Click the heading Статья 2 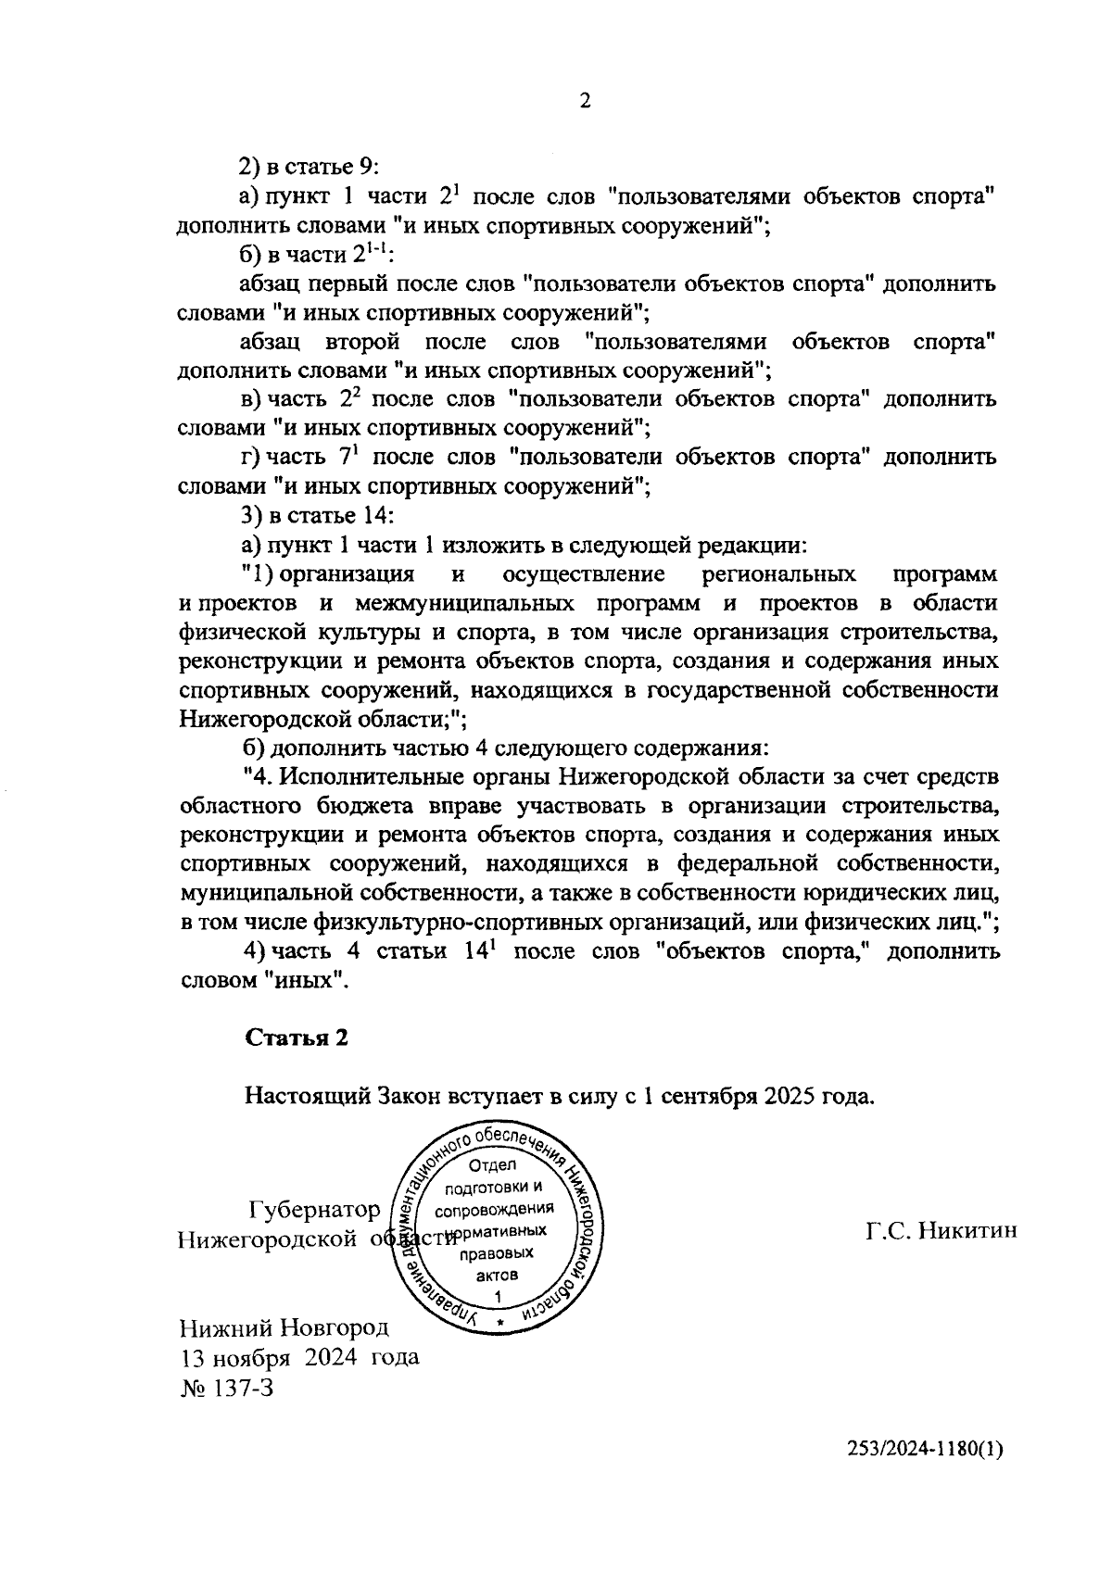pyautogui.click(x=297, y=1038)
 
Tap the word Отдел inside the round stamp pyautogui.click(x=494, y=1165)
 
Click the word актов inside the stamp pyautogui.click(x=497, y=1275)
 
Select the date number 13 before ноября pyautogui.click(x=191, y=1357)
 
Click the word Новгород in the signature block pyautogui.click(x=335, y=1327)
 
